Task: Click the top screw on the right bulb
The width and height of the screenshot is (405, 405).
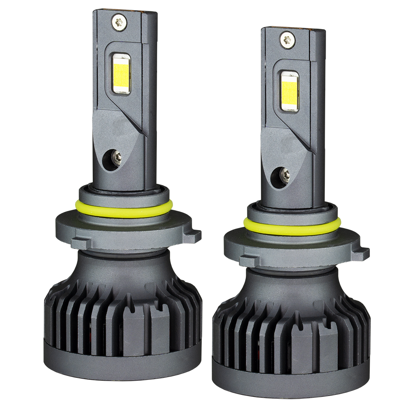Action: pyautogui.click(x=287, y=39)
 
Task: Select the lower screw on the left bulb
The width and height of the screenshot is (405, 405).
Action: pyautogui.click(x=117, y=158)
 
